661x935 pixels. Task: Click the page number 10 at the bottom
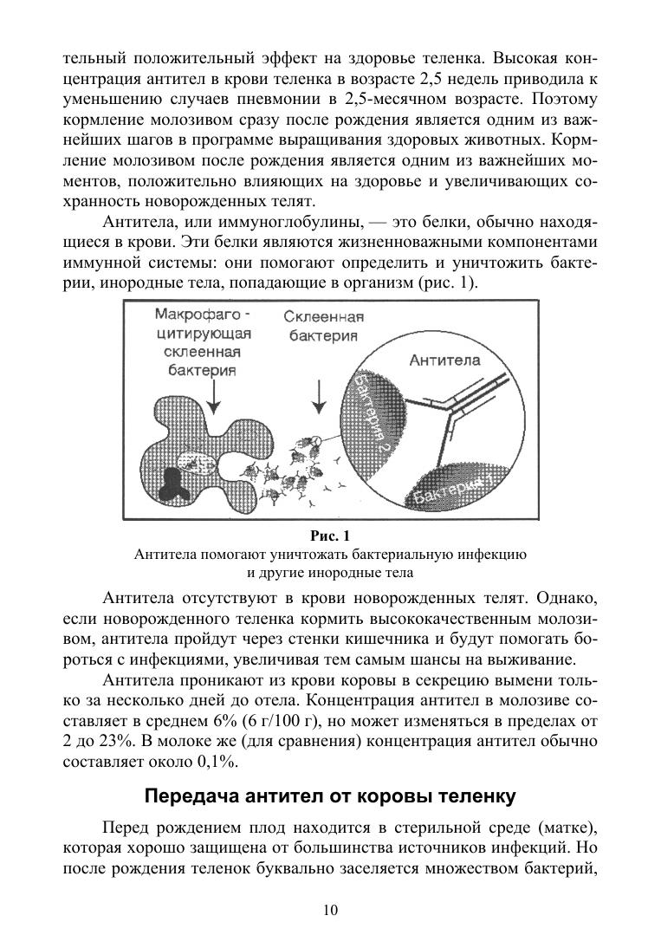(330, 909)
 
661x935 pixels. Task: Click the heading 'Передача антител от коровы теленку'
(330, 795)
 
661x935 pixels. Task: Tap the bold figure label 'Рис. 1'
(330, 535)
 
